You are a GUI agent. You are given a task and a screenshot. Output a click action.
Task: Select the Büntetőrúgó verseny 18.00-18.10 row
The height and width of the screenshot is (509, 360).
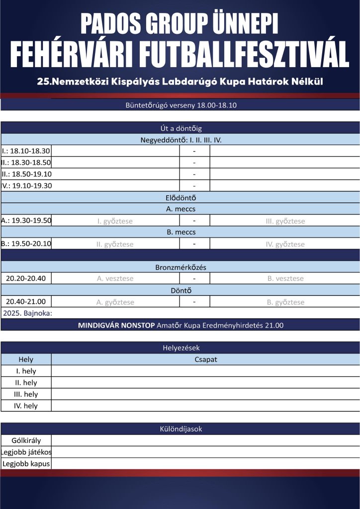click(x=180, y=105)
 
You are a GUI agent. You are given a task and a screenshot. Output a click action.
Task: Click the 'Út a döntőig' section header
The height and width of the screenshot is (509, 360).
click(x=180, y=128)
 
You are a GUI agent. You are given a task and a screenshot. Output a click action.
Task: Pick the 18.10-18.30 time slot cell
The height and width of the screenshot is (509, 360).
click(x=26, y=151)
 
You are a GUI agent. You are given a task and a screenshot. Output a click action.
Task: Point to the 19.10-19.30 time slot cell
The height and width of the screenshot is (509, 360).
click(x=26, y=185)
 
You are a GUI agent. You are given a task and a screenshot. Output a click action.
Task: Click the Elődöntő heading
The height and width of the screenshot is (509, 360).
click(x=180, y=197)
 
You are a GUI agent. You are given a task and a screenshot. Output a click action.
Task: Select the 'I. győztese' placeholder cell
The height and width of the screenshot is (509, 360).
click(x=115, y=221)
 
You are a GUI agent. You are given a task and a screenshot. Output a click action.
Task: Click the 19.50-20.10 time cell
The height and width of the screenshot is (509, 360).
click(x=26, y=244)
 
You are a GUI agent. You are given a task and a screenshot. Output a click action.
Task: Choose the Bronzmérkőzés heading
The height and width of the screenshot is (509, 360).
click(x=180, y=267)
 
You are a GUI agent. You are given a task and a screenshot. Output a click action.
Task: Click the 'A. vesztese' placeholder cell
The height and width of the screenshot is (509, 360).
click(x=115, y=278)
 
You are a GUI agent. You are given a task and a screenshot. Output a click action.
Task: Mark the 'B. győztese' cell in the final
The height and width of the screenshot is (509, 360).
click(x=285, y=302)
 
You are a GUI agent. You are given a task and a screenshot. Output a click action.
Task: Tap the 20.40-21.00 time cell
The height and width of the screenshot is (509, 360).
click(x=26, y=301)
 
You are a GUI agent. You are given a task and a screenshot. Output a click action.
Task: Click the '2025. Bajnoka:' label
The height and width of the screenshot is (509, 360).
click(x=27, y=313)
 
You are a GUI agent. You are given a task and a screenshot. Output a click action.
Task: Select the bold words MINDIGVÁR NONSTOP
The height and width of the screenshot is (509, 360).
click(x=116, y=325)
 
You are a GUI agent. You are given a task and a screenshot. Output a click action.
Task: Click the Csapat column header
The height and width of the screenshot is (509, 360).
click(x=205, y=359)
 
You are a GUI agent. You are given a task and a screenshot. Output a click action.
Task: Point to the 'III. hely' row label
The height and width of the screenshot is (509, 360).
click(x=26, y=394)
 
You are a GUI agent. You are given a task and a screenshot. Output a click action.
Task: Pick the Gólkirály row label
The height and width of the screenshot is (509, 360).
click(x=26, y=440)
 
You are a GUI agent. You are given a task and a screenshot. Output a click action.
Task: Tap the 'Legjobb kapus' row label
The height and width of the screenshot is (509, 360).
click(x=26, y=464)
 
